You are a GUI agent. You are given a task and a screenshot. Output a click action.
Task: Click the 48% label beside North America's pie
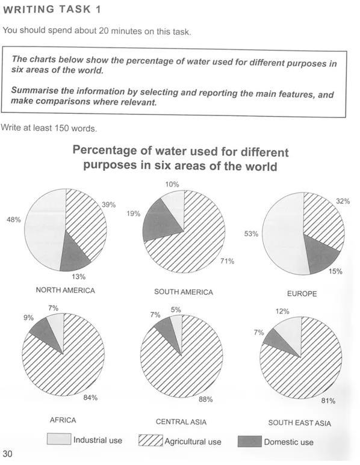point(14,220)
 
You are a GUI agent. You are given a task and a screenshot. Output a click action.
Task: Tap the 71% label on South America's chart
point(228,261)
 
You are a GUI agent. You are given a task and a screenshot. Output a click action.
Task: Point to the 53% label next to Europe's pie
point(252,233)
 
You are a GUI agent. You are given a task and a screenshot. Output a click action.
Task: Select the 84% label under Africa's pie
point(90,398)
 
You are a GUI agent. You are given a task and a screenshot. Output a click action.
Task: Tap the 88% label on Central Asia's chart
point(206,399)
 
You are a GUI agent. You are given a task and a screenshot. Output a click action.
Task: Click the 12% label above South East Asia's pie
point(282,312)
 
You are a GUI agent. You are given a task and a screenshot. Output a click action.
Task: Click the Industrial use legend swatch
point(59,439)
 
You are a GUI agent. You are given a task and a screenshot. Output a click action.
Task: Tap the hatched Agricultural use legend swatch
point(151,440)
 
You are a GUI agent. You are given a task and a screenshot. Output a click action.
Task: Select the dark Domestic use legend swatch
point(250,442)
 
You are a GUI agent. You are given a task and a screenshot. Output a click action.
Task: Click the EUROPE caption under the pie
point(302,294)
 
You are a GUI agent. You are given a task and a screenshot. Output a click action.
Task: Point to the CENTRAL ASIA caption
point(181,422)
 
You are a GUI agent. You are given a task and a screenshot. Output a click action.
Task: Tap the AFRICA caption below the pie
point(63,420)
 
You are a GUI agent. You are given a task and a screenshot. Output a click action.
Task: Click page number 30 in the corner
point(7,454)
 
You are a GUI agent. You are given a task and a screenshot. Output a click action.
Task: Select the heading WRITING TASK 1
point(52,10)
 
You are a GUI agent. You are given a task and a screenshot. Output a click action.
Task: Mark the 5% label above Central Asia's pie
point(176,310)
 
